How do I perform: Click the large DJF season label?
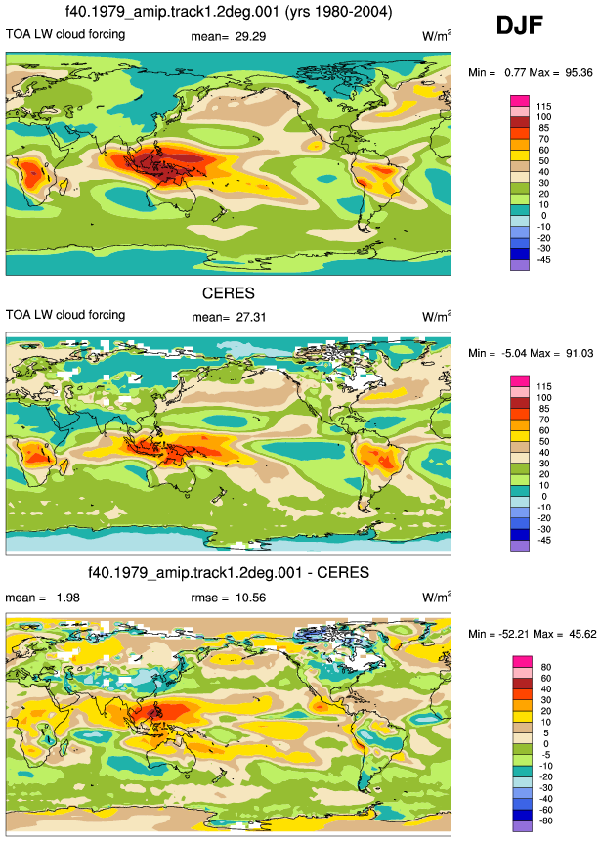tap(519, 25)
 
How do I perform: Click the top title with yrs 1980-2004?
tap(229, 12)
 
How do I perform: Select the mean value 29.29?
tap(250, 36)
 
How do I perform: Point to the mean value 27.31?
tap(251, 317)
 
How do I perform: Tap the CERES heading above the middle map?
tap(229, 293)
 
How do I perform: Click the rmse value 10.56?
tap(250, 598)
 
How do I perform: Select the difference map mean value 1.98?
tap(67, 598)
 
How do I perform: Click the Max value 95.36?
tap(579, 73)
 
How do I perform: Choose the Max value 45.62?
tap(582, 634)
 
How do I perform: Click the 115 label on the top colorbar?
tap(543, 107)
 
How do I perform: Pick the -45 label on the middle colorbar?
tap(544, 540)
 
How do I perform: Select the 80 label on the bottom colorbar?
tap(546, 667)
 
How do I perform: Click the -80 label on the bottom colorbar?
tap(545, 820)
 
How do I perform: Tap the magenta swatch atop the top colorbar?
tap(520, 101)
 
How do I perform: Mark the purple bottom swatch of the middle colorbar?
tap(520, 546)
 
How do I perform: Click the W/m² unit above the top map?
tap(437, 36)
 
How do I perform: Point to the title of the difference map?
tap(229, 572)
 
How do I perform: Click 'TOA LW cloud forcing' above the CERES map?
tap(65, 315)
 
